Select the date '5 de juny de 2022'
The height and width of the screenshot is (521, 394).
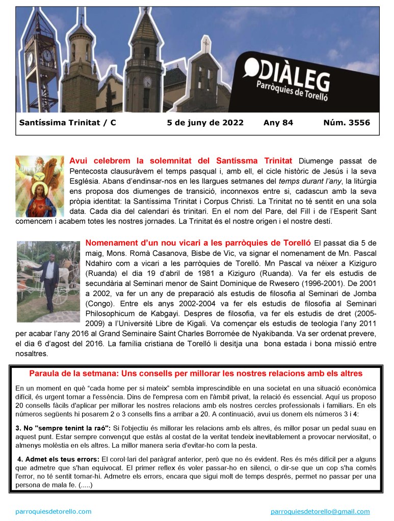point(205,123)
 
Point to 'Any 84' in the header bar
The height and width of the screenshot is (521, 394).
point(278,123)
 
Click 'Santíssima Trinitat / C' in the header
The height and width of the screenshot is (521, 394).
point(67,123)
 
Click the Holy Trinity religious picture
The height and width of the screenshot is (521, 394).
point(40,186)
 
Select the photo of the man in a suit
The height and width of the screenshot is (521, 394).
point(48,281)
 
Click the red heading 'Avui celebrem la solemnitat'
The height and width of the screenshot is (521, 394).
point(180,161)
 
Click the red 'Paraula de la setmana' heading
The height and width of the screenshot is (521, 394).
point(196,373)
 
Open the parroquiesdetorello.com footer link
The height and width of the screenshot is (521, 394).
point(54,511)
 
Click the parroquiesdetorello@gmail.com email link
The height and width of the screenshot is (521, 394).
point(320,511)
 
